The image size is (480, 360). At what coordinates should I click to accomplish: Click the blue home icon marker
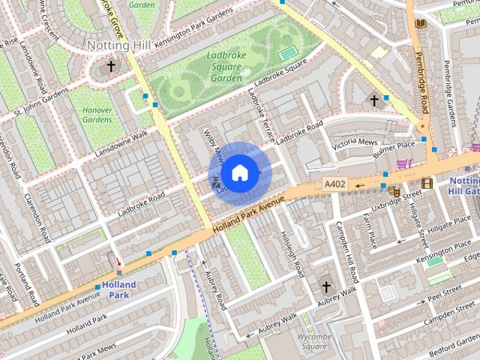tap(238, 172)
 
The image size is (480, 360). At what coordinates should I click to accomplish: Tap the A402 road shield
tap(334, 184)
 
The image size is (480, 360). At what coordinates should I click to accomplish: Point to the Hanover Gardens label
tap(97, 115)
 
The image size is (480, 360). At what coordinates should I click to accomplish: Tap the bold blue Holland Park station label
tap(119, 290)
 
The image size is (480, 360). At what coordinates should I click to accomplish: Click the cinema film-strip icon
tap(427, 183)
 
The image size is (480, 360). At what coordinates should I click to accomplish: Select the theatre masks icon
tap(394, 192)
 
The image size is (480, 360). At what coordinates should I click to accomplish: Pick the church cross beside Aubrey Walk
tap(326, 286)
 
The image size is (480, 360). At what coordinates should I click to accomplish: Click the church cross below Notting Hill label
tap(111, 67)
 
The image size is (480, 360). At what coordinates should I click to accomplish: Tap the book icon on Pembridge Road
tap(420, 24)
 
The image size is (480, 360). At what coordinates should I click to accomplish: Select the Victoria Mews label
tap(355, 142)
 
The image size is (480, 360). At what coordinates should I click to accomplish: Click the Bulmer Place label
tap(394, 145)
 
